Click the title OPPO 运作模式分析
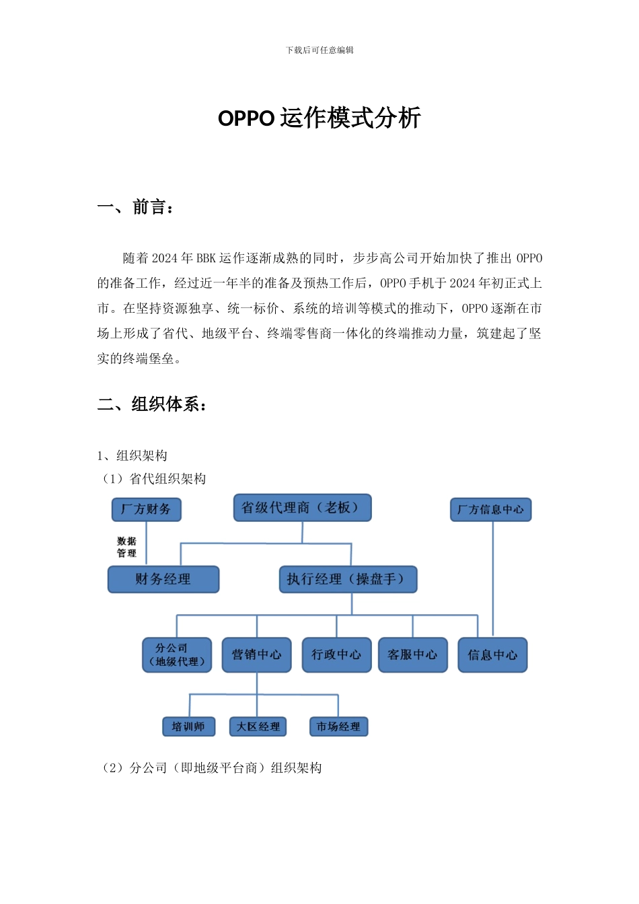tap(319, 118)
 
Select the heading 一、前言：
tap(137, 207)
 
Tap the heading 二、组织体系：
tap(153, 404)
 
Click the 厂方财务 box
tap(146, 509)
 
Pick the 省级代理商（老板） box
tap(302, 508)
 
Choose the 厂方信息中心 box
tap(490, 509)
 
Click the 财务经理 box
tap(163, 579)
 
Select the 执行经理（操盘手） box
tap(348, 579)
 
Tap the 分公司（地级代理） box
tap(177, 655)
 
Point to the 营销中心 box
tap(257, 655)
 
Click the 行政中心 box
tap(336, 655)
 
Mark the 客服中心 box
tap(412, 655)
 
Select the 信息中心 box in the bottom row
tap(492, 655)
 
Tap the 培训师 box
tap(188, 726)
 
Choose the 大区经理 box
tap(258, 726)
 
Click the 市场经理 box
tap(338, 726)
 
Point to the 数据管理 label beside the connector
tap(126, 547)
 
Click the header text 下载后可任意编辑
tap(319, 50)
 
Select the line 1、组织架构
tap(133, 456)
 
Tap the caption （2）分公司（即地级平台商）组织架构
tap(211, 768)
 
